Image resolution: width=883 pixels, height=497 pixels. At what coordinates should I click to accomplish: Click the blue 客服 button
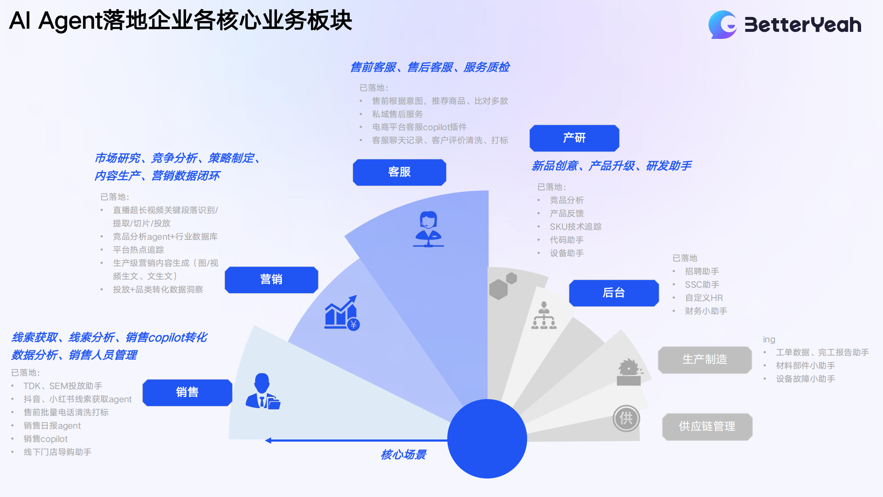(399, 172)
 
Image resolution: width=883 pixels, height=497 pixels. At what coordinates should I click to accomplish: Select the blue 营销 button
(271, 280)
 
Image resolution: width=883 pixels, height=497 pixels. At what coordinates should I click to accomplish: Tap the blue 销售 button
(187, 392)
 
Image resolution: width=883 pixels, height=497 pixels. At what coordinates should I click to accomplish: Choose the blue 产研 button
(574, 138)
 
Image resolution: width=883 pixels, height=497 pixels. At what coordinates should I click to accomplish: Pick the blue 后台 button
(613, 293)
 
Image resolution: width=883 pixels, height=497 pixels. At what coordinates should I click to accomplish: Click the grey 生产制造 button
(704, 359)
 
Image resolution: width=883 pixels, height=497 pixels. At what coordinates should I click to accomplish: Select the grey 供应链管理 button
(707, 426)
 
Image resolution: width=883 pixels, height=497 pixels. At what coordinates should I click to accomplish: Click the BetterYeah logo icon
(723, 24)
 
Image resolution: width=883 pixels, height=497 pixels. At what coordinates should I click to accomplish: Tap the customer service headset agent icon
(428, 229)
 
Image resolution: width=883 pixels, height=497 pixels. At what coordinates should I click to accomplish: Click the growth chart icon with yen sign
(342, 313)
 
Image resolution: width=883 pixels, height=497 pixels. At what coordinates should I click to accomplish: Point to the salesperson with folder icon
(263, 392)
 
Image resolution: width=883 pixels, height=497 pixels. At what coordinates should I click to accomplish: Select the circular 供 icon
(626, 418)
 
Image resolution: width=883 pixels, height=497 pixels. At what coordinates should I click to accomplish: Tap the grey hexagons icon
(502, 286)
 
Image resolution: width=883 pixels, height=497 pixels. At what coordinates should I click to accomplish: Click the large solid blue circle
(487, 438)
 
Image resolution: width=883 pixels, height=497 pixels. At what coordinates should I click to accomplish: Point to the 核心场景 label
(403, 454)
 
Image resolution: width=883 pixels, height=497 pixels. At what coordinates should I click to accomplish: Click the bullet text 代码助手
(566, 240)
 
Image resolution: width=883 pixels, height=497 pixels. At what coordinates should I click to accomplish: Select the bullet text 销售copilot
(45, 439)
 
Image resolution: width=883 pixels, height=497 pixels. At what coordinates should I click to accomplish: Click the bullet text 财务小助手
(706, 311)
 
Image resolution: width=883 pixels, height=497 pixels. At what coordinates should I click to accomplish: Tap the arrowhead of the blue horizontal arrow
(268, 440)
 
